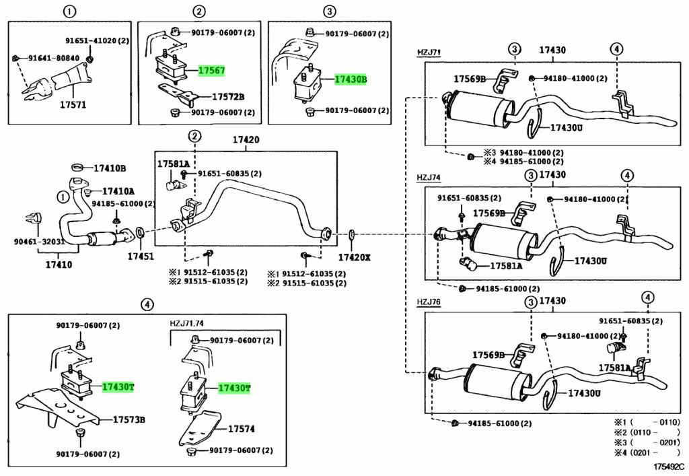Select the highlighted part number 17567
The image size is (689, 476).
(211, 71)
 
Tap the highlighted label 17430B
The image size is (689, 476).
(351, 79)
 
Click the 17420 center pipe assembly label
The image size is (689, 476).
(246, 141)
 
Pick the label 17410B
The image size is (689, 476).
(110, 168)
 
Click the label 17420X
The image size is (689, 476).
(354, 257)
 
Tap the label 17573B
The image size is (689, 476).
(129, 420)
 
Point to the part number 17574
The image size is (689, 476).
(242, 428)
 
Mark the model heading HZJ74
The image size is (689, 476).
(428, 178)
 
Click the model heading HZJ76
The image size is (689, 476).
(428, 302)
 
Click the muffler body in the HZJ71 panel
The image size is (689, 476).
(478, 109)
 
